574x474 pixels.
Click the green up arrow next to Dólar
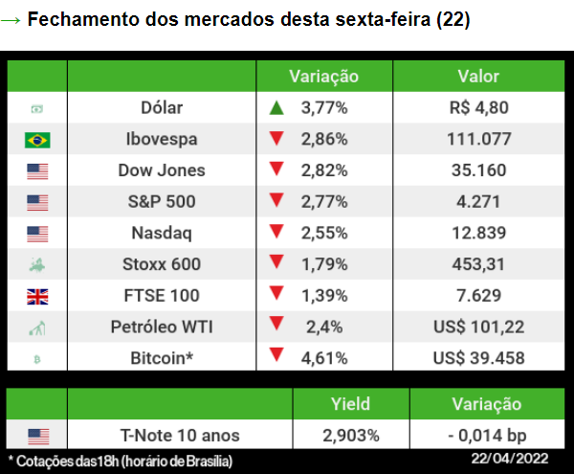click(276, 108)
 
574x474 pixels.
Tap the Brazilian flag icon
click(37, 140)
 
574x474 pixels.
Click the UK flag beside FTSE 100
click(37, 297)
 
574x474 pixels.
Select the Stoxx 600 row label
click(162, 264)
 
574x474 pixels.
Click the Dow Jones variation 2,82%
click(323, 170)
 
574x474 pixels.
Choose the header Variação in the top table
click(323, 77)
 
